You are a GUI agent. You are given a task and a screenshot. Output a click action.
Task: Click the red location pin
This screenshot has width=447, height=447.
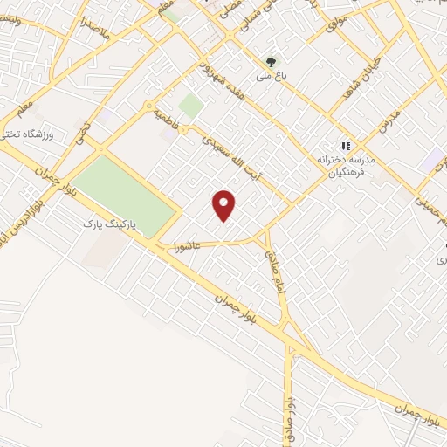coord(224,204)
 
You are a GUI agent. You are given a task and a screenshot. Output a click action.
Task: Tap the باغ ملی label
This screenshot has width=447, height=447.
coord(271,77)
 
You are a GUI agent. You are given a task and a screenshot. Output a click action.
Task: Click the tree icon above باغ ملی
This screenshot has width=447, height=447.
coord(271,62)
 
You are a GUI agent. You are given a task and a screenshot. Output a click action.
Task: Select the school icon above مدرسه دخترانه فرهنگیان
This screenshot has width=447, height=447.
coord(345,146)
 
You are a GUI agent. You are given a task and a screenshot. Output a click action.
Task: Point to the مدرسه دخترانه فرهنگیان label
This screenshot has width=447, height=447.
coord(340,165)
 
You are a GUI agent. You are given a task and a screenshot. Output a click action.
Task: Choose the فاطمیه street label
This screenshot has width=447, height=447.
coord(165,120)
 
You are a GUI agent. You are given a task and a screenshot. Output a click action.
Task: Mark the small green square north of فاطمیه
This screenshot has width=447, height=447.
coord(190,107)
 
